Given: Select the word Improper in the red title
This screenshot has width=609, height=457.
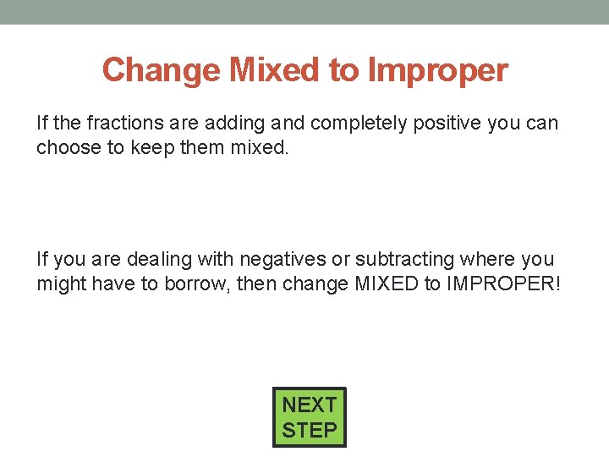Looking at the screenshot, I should coord(437,70).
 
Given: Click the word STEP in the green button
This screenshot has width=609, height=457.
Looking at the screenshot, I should coord(309,430).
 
